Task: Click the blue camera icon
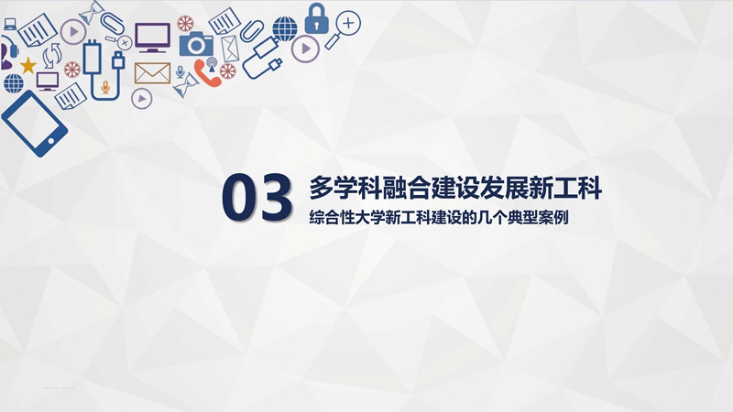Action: (196, 44)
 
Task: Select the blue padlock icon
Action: (316, 18)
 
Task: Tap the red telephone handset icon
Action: (207, 73)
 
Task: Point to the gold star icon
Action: (27, 65)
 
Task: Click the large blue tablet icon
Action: (35, 124)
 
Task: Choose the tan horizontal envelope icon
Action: (152, 73)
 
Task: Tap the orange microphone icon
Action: (105, 87)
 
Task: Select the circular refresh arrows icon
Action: (51, 56)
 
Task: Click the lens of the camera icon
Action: (196, 46)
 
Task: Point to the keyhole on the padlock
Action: (316, 25)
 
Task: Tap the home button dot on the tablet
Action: (51, 141)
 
